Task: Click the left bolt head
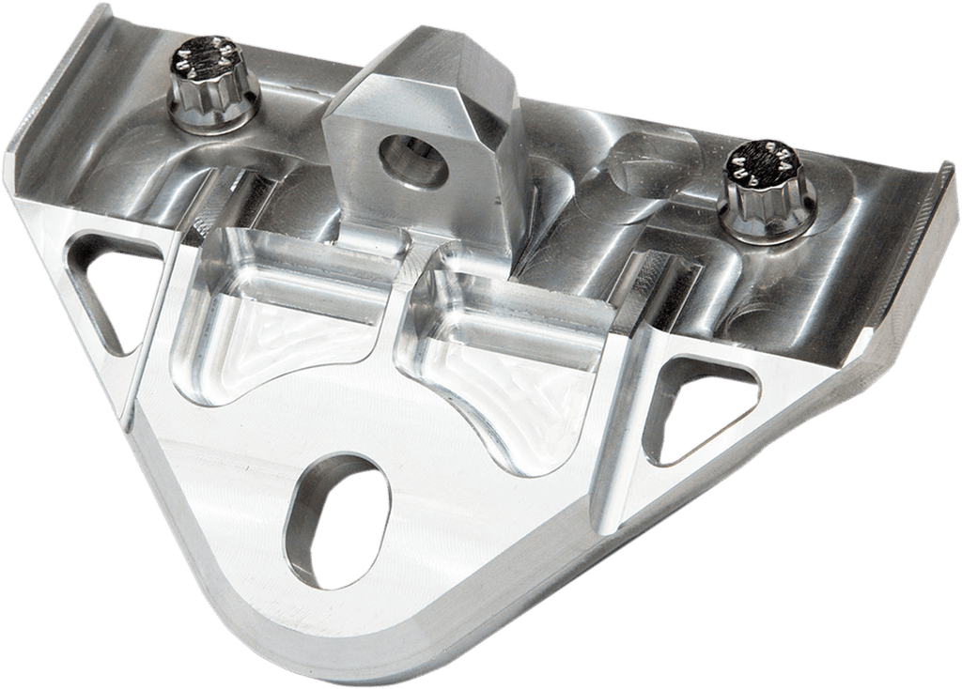pos(206,80)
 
